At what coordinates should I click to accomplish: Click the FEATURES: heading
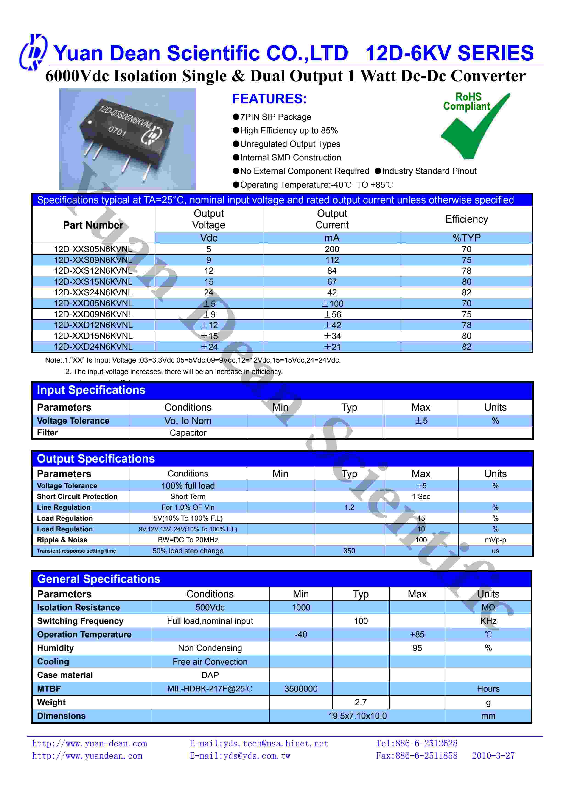tap(269, 99)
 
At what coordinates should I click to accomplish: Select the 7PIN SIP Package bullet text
tap(275, 117)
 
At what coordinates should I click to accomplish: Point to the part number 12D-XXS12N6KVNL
tap(93, 271)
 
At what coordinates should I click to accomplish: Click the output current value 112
tap(332, 260)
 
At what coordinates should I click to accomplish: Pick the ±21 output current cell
tap(332, 347)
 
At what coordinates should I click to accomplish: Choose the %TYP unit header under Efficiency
tap(466, 238)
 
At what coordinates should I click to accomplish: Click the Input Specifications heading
tap(91, 390)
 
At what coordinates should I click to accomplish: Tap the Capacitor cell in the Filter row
tap(188, 433)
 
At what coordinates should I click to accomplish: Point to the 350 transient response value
tap(349, 551)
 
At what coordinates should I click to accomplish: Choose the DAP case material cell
tap(210, 675)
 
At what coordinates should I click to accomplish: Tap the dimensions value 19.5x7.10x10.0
tap(357, 716)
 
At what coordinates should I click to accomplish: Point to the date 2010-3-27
tap(493, 756)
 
